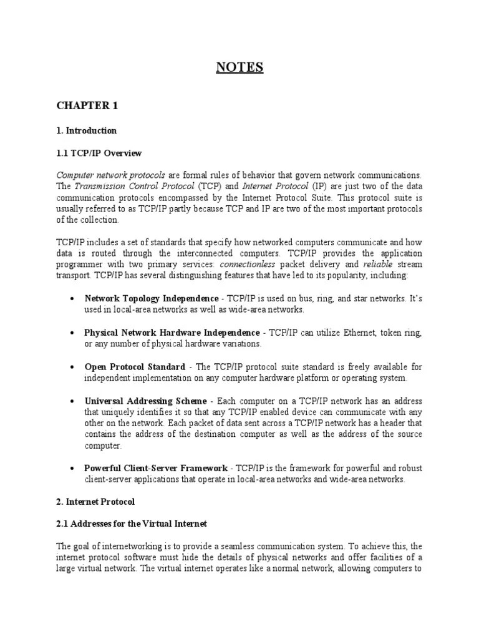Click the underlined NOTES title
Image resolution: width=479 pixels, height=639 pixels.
click(239, 67)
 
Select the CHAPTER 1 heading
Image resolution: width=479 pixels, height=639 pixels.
click(87, 105)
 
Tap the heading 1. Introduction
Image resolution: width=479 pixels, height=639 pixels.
click(86, 131)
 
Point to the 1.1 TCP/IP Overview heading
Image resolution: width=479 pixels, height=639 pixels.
click(99, 153)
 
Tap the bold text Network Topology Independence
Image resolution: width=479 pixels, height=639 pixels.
click(152, 299)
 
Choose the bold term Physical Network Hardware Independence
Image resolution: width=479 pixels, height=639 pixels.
click(172, 333)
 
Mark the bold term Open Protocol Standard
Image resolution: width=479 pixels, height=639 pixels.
click(135, 367)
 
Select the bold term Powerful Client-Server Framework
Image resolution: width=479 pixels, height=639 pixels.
click(156, 468)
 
